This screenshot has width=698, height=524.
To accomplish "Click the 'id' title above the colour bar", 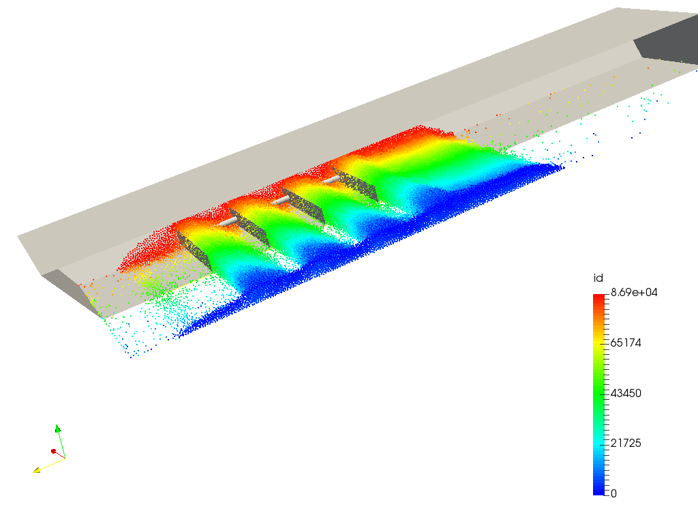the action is pos(598,278).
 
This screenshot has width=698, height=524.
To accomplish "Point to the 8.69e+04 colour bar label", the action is pos(634,292).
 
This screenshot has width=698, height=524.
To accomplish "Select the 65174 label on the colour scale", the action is pos(626,343).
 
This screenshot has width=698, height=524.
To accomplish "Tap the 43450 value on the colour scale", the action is pos(626,393).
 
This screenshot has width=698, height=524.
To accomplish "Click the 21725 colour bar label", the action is pos(626,443).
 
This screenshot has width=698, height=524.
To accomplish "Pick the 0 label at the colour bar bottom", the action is pos(613,493).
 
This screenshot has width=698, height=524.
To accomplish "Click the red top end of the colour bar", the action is pos(598,297).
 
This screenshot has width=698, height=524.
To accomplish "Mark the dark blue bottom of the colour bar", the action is pos(598,489).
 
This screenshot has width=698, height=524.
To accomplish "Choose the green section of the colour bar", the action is pos(598,392).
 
